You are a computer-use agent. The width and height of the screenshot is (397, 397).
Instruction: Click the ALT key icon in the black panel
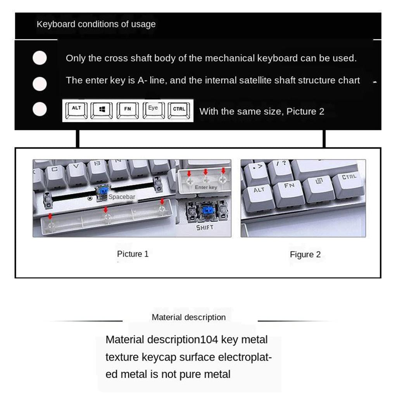click(76, 110)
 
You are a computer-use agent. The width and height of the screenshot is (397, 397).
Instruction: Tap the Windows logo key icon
click(102, 110)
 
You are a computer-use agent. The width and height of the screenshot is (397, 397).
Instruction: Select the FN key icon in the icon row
click(128, 110)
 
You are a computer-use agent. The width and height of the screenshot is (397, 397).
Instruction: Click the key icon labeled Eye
click(154, 110)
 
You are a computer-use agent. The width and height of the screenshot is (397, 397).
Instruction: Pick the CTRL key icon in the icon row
click(179, 110)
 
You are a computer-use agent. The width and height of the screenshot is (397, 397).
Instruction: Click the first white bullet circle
click(40, 58)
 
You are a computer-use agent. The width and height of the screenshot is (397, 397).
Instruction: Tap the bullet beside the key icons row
click(40, 109)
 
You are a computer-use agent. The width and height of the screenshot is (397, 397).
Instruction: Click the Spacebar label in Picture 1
click(122, 197)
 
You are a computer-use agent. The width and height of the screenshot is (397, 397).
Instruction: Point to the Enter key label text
click(206, 187)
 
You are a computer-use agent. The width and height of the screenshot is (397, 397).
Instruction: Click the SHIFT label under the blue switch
click(205, 228)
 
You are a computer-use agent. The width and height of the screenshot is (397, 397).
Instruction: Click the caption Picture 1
click(133, 254)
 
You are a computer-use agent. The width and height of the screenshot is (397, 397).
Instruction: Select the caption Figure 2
click(305, 254)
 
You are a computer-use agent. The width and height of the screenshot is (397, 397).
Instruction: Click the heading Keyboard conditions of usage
click(96, 24)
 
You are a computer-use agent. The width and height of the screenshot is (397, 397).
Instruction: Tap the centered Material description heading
click(188, 317)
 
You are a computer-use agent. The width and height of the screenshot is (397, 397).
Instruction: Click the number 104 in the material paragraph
click(209, 340)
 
